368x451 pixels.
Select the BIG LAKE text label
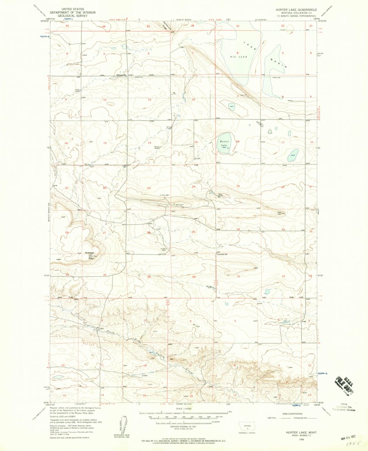tap(237, 57)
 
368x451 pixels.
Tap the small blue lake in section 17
tap(293, 155)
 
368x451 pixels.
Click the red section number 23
tap(149, 188)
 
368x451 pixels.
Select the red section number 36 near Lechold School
tap(193, 277)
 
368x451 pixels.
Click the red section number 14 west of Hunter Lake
tap(149, 143)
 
